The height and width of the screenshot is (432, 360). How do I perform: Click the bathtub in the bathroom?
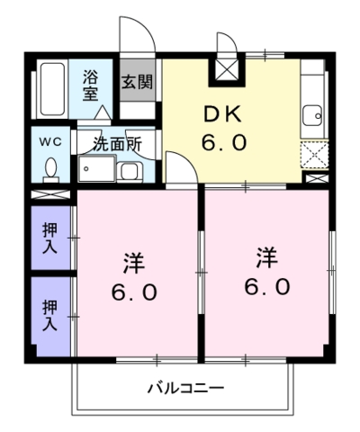(52, 89)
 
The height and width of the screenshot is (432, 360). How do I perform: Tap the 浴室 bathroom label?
(91, 85)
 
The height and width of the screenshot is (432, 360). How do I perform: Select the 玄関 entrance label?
(137, 82)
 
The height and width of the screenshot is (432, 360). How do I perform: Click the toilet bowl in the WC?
(50, 169)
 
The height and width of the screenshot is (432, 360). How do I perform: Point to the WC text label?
(50, 141)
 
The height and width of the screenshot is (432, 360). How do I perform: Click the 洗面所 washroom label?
(117, 144)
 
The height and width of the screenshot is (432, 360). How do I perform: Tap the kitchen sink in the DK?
(312, 115)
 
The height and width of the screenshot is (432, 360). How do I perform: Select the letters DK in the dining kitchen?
(222, 114)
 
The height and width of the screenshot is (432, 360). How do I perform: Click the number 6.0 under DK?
(224, 142)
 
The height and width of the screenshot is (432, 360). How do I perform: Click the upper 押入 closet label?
(49, 238)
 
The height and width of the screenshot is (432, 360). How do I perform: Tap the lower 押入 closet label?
(49, 315)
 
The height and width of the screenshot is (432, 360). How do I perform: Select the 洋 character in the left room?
(134, 263)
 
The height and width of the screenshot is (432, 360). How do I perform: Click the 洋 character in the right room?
(266, 257)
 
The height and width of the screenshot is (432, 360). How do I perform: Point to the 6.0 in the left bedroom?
(134, 292)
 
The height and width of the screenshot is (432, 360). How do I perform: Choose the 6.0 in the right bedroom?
(267, 286)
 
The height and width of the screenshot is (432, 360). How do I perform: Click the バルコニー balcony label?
(186, 388)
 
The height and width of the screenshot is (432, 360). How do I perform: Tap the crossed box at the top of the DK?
(227, 69)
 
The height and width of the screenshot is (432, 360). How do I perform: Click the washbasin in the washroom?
(130, 172)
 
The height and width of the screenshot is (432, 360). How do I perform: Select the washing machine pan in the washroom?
(96, 168)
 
